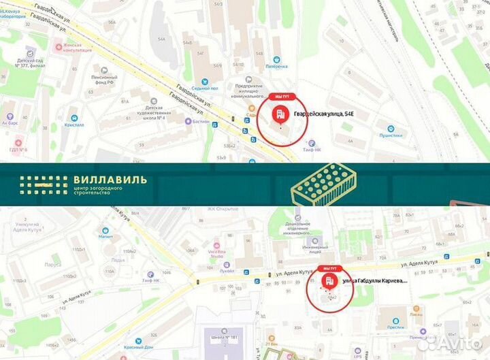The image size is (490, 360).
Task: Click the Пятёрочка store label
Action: [x=276, y=66]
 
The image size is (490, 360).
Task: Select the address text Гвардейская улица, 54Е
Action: [x=323, y=114]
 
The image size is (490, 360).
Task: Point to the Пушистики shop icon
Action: [x=391, y=129]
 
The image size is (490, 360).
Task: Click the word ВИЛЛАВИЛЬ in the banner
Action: [x=109, y=180]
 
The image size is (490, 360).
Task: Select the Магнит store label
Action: [x=105, y=237]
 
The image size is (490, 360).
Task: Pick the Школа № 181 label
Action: [x=225, y=337]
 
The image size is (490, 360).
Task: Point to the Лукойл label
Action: [x=227, y=270]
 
